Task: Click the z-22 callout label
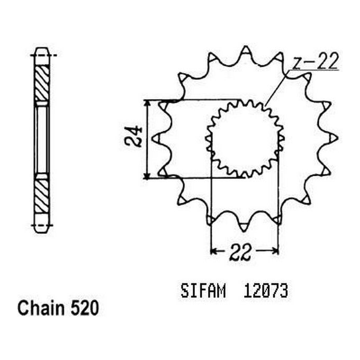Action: click(x=316, y=63)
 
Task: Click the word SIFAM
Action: click(x=203, y=291)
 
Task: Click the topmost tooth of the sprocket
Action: click(x=245, y=51)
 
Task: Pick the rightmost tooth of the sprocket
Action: click(x=333, y=138)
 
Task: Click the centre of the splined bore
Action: click(x=244, y=139)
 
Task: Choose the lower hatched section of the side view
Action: click(x=41, y=195)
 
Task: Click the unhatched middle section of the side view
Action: click(x=41, y=139)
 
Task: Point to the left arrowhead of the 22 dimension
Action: click(x=214, y=250)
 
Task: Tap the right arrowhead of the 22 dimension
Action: click(x=275, y=250)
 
